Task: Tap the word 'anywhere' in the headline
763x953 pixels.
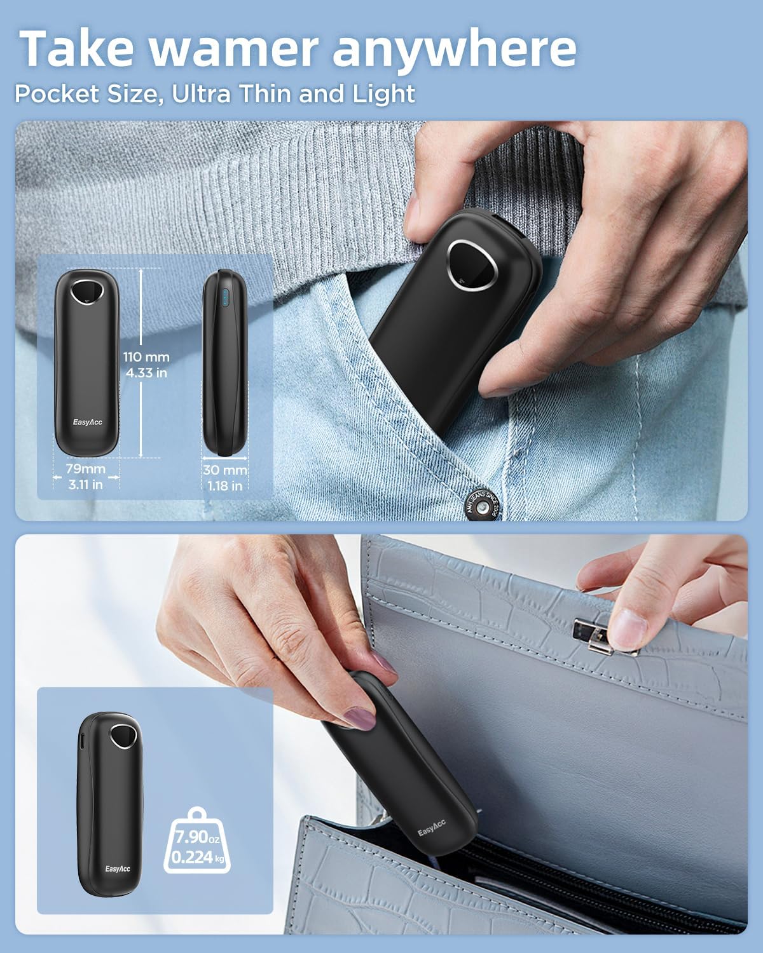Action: [455, 51]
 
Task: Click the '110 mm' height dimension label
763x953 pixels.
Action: [146, 357]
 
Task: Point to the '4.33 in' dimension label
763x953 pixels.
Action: [146, 373]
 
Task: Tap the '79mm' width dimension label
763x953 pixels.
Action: [86, 468]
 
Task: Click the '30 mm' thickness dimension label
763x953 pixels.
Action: [225, 470]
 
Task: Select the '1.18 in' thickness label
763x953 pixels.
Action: [225, 486]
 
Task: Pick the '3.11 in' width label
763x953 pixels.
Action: [86, 485]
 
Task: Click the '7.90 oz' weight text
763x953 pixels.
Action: [197, 837]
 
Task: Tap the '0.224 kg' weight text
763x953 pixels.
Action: [198, 857]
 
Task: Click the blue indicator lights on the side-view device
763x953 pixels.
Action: [225, 298]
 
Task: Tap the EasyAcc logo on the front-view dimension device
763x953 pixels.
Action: [87, 422]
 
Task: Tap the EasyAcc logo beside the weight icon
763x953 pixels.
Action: [118, 869]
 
